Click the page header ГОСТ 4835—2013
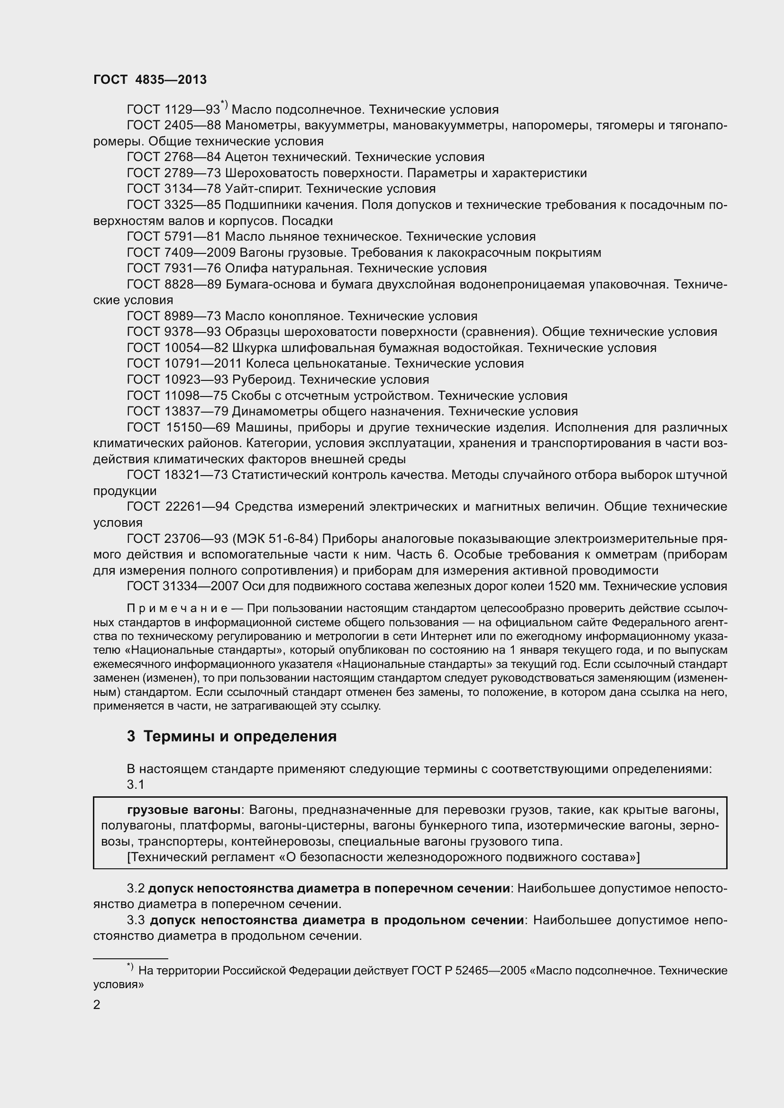(150, 80)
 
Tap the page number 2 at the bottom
(97, 1005)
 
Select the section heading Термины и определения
(240, 737)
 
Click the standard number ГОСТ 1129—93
(173, 110)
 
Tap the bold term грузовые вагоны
(183, 810)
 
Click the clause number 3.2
(136, 888)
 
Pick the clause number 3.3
(136, 920)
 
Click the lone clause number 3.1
(136, 784)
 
